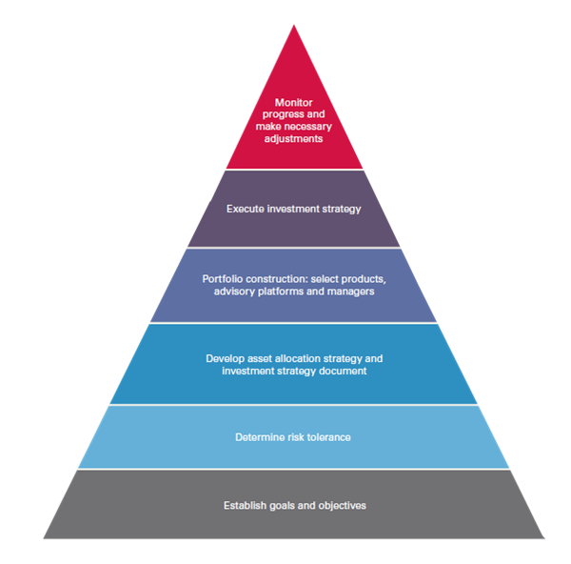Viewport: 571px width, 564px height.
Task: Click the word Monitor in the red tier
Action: pos(293,103)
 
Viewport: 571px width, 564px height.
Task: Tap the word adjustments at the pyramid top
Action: pos(293,139)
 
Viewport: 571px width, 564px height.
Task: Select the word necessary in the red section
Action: pos(308,127)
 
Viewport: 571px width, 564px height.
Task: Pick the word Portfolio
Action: pos(223,279)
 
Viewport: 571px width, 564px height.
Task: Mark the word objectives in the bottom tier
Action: pos(343,506)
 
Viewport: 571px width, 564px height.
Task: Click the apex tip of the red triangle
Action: pos(294,25)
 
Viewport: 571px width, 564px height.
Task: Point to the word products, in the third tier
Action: pos(363,280)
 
